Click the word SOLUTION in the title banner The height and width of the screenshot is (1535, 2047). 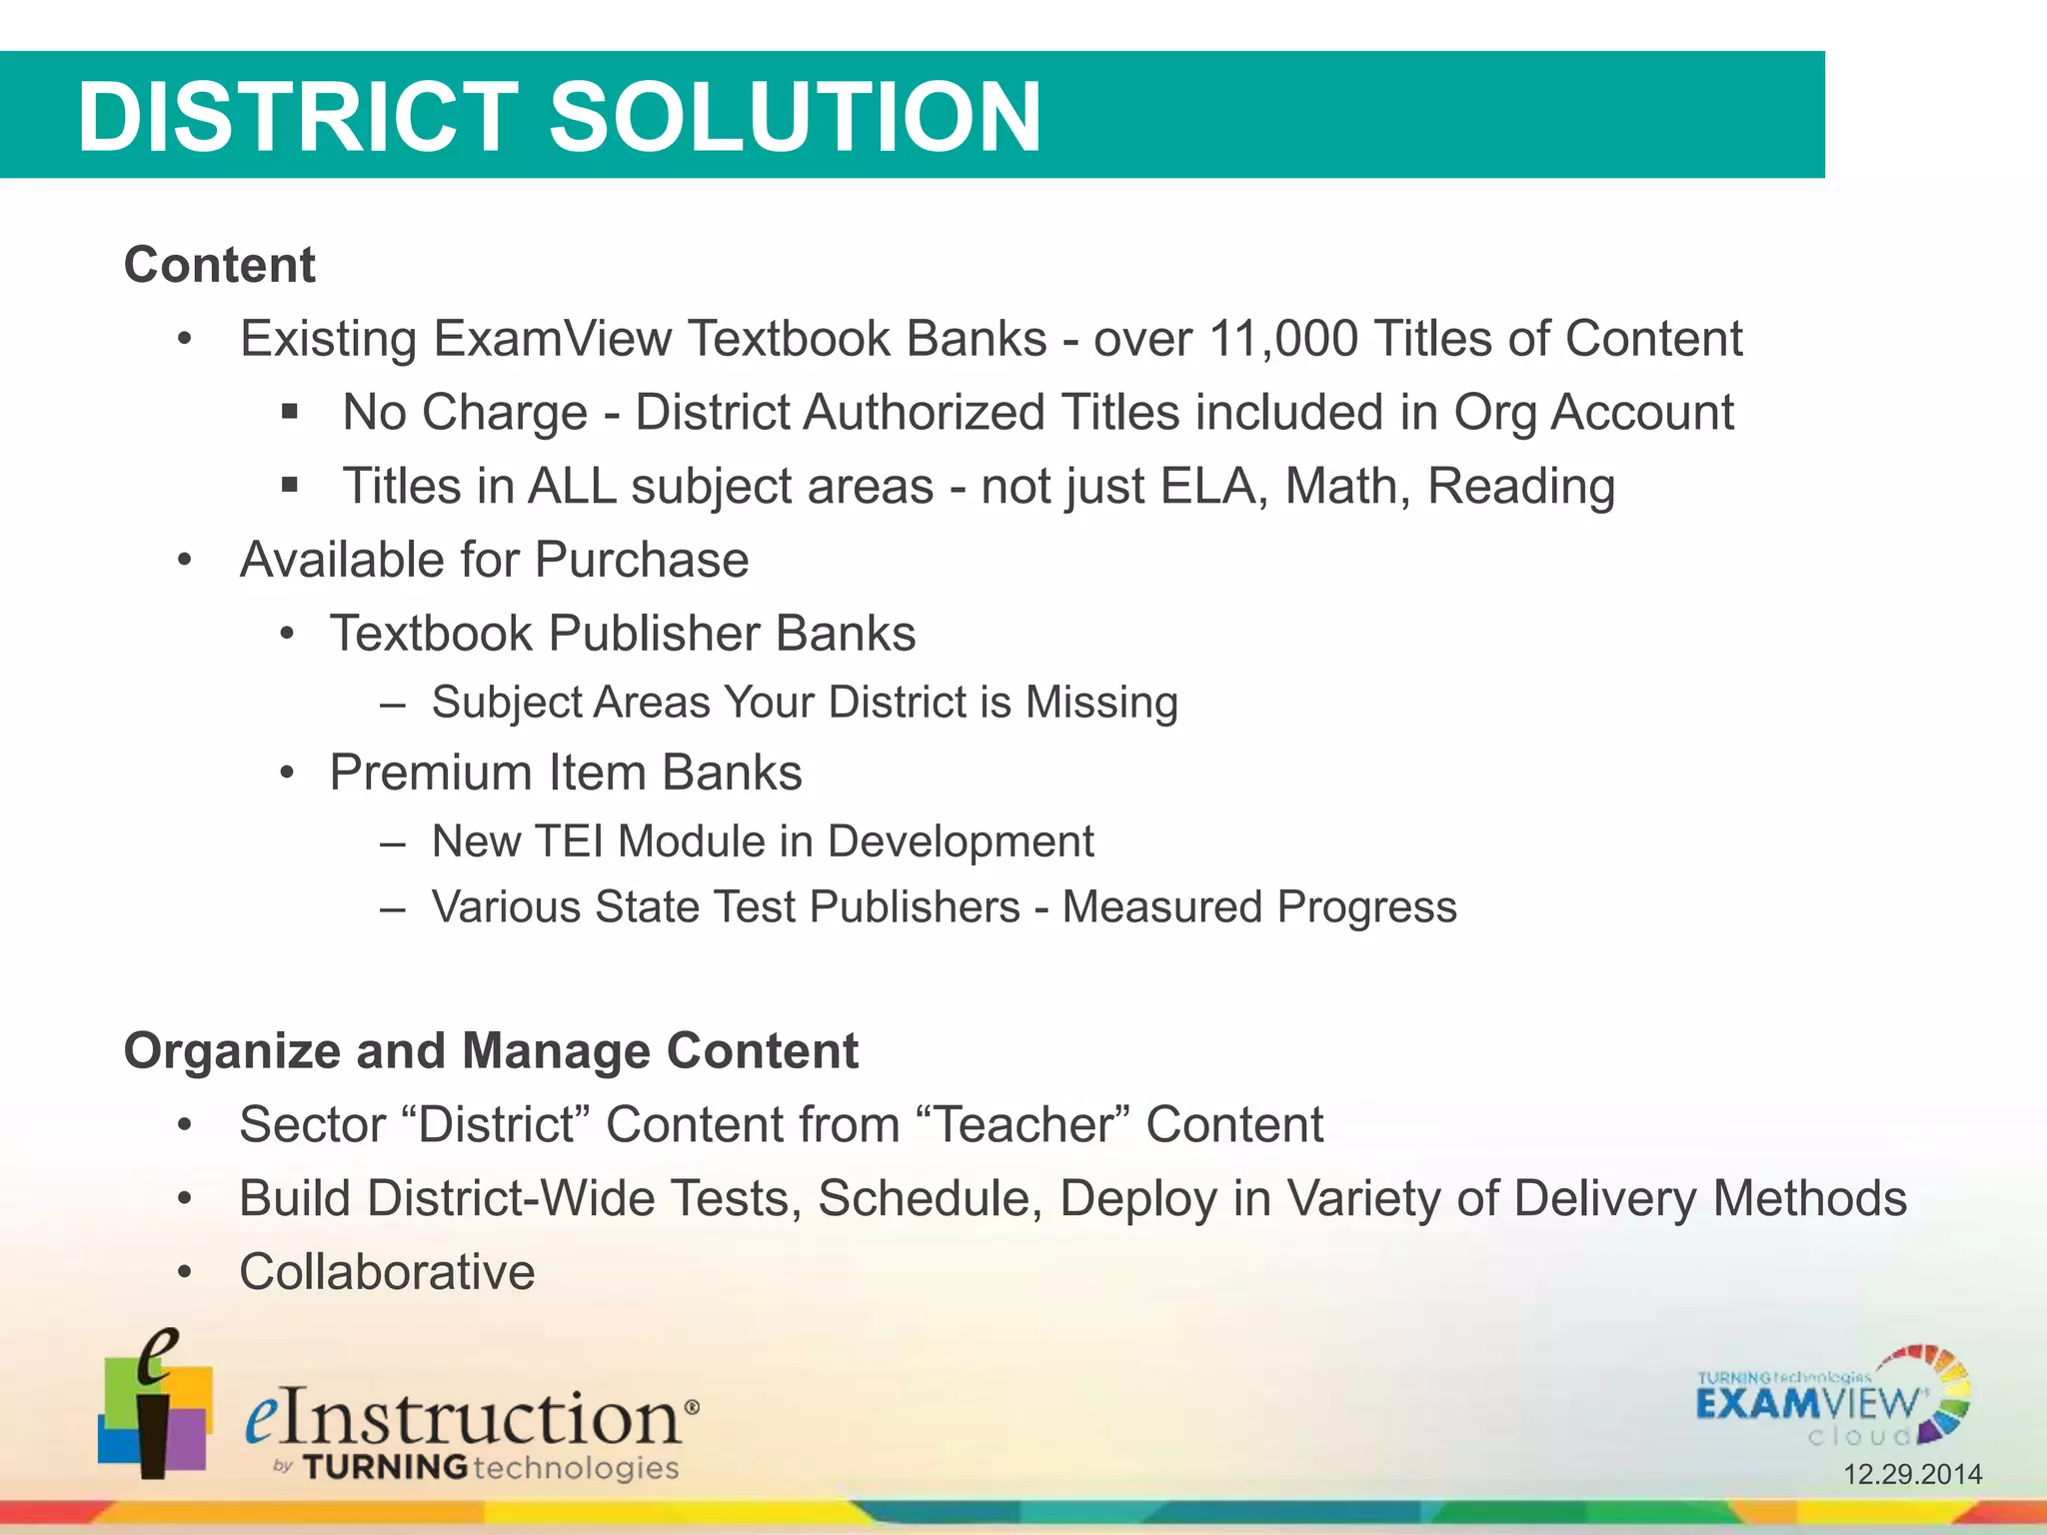pos(795,117)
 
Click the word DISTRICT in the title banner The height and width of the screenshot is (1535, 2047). pos(297,117)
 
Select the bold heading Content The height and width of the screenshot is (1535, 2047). pos(219,266)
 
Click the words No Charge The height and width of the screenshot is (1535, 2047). pos(465,413)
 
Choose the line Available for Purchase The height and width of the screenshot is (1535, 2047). pos(494,560)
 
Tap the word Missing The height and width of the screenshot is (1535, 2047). pos(1101,703)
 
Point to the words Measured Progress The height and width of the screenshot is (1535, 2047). pos(1258,907)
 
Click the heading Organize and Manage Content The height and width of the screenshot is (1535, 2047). pos(491,1051)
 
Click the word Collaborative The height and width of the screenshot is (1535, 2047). pos(387,1272)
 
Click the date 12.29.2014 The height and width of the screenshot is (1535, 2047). pos(1912,1474)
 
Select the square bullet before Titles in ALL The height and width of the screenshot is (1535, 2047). pos(290,486)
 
